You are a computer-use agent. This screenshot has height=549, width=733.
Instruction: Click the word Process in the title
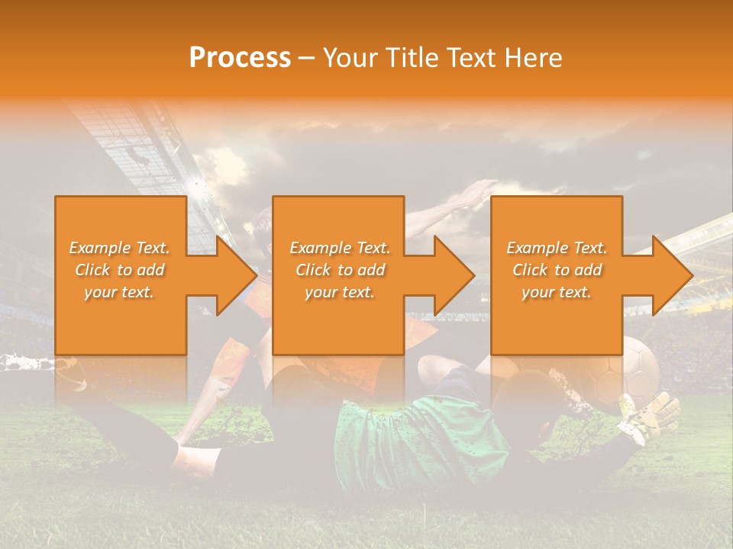click(x=240, y=58)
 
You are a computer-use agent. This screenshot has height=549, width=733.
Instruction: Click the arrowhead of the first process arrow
click(x=238, y=275)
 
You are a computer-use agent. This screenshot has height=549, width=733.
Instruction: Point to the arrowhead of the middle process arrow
click(x=456, y=275)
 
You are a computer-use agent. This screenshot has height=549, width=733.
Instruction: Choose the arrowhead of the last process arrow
click(x=674, y=275)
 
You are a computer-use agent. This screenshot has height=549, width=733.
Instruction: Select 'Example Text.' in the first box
click(x=120, y=248)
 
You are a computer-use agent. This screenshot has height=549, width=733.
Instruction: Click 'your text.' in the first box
click(x=120, y=292)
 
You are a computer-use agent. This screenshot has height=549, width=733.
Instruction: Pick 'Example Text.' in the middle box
click(x=340, y=248)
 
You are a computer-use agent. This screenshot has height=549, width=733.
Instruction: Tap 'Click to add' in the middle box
click(x=340, y=270)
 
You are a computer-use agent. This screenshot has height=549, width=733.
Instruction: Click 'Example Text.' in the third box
click(x=557, y=248)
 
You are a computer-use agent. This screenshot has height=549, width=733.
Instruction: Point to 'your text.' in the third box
click(x=557, y=292)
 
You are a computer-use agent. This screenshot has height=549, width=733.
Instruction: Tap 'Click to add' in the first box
click(x=120, y=270)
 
